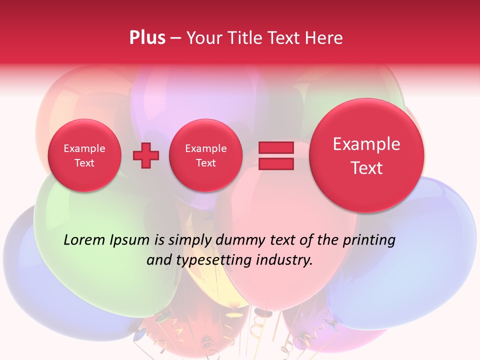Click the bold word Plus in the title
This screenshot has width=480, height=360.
[147, 38]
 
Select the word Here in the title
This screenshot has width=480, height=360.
[324, 38]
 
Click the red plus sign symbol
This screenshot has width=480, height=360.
[146, 155]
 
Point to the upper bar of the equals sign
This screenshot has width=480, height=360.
[275, 147]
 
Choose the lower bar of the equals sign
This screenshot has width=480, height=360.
[275, 164]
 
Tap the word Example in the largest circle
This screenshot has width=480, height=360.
[366, 144]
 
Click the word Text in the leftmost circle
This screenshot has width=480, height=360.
[84, 163]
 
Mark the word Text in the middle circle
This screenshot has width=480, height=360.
[205, 163]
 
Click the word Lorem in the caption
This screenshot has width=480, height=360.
[84, 240]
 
